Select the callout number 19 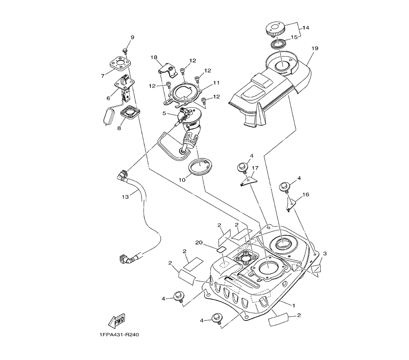[315, 48]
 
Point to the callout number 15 [294, 37]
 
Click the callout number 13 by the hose [125, 197]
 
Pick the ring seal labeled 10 [201, 168]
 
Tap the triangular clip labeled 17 [249, 180]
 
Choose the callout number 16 [305, 195]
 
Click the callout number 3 [324, 254]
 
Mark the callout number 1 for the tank [293, 305]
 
